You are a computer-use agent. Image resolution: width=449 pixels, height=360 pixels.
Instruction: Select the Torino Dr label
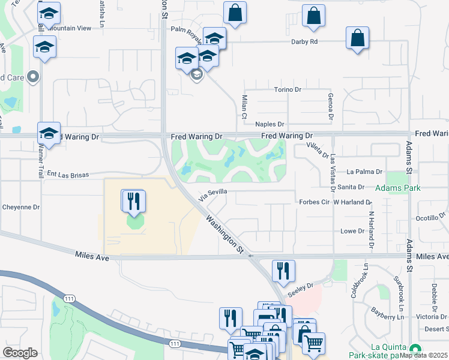[x=288, y=89]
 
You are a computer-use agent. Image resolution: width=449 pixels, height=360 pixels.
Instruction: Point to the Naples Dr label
[x=270, y=124]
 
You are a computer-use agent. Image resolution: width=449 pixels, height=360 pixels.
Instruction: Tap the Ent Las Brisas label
[x=68, y=174]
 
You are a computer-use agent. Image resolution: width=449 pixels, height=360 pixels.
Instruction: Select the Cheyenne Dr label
[x=20, y=207]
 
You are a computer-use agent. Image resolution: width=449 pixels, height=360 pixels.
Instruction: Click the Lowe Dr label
[x=352, y=230]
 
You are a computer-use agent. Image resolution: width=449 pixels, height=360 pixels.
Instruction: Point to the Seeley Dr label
[x=301, y=286]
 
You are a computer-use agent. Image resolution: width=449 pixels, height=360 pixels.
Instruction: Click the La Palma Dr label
[x=360, y=171]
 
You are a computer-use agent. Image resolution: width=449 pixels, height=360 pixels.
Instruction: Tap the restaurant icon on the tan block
[x=134, y=200]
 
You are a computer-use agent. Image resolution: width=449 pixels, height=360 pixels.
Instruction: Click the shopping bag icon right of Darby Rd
[x=357, y=38]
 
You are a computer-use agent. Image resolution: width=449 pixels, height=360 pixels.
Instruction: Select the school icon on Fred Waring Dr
[x=49, y=133]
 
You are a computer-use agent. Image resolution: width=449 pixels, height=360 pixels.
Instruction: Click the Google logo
[x=20, y=352]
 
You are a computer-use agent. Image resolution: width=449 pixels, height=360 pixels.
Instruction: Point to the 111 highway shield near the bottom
[x=175, y=343]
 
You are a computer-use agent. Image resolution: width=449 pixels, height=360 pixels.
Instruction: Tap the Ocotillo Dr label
[x=427, y=218]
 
